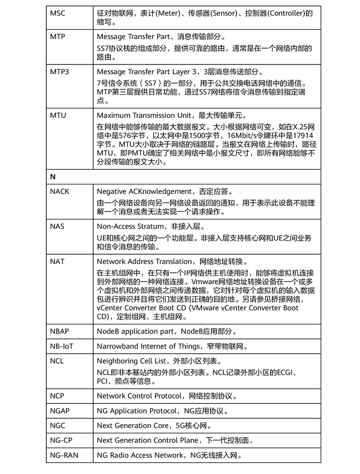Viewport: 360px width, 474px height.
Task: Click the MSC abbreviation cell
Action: coord(57,13)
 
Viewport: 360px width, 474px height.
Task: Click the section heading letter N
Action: coord(53,177)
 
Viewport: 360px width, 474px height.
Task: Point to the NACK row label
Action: coord(60,192)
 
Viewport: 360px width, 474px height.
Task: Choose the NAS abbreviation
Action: coord(57,227)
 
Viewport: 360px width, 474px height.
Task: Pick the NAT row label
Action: coord(57,261)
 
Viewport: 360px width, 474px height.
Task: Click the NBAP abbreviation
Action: coord(60,331)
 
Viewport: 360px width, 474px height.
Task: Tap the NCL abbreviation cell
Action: coord(57,361)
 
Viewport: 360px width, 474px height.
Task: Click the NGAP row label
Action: coord(60,411)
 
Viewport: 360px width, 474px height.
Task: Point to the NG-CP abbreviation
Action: coord(61,440)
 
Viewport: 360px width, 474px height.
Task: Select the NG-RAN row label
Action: coord(63,455)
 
